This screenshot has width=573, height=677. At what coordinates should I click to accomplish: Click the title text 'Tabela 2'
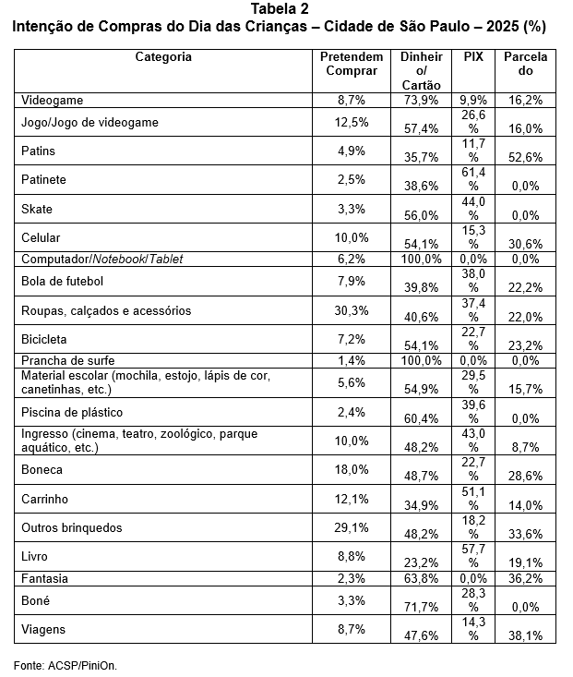point(285,9)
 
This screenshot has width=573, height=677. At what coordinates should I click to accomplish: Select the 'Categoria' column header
point(163,57)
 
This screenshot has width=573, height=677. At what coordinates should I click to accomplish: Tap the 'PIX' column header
point(473,57)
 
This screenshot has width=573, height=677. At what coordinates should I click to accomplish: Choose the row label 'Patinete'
point(43,179)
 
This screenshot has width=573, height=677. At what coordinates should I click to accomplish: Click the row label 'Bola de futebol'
point(62,281)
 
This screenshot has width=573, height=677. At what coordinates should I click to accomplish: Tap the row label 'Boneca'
point(42,469)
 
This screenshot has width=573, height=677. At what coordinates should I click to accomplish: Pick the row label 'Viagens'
point(43,628)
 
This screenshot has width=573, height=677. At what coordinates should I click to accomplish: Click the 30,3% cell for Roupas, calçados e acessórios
point(352,310)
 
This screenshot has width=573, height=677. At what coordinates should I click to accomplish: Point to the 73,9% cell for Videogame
point(421,99)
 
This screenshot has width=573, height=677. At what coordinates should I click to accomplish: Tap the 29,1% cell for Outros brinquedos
point(352,528)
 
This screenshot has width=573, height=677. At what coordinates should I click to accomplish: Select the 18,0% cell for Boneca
point(352,469)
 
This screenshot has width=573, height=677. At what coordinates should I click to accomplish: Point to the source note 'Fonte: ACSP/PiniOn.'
point(66,664)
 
